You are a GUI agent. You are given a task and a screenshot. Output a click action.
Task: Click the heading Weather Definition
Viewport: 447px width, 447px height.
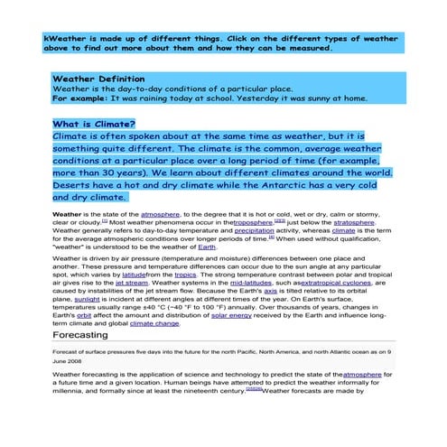point(98,79)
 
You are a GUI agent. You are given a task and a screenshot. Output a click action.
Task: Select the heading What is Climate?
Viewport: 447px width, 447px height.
point(94,124)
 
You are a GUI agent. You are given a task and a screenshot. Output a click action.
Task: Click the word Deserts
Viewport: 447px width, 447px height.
point(74,183)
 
